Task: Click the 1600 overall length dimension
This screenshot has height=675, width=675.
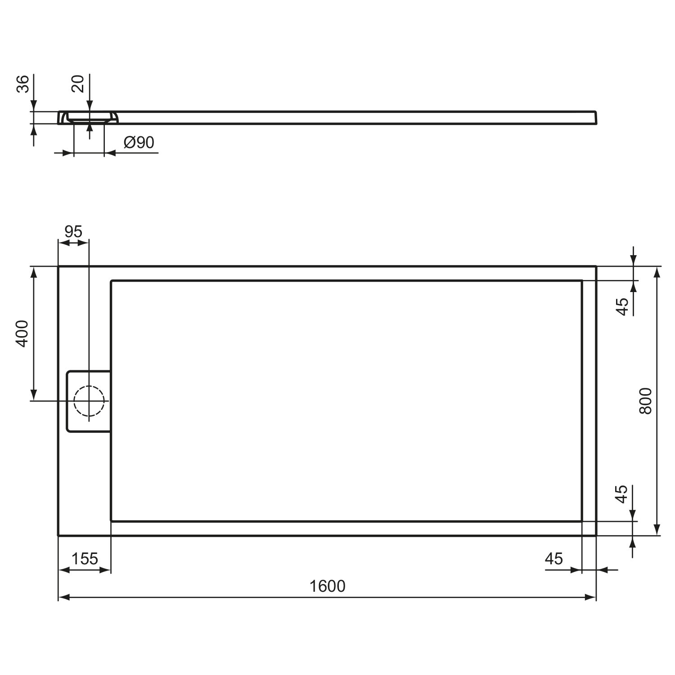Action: [328, 586]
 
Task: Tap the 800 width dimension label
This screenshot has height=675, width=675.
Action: [645, 400]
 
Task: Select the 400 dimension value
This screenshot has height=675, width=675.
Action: [22, 333]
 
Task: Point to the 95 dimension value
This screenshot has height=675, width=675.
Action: [73, 231]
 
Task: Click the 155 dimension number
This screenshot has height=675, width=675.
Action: [85, 558]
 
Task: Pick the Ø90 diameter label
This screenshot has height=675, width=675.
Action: [139, 142]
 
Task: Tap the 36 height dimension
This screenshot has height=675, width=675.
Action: [23, 84]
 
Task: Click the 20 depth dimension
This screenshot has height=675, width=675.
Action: [78, 84]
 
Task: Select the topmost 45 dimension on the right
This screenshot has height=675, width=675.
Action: [622, 307]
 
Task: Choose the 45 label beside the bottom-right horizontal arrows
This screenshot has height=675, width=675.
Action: [553, 558]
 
